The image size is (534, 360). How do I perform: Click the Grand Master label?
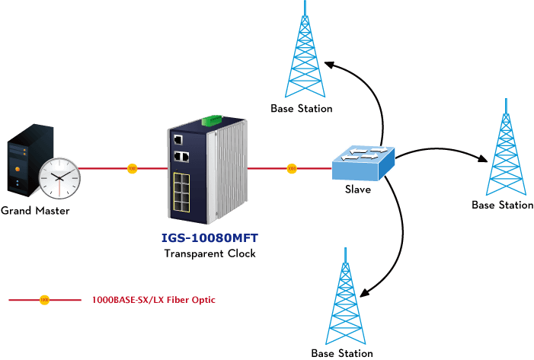[35, 211]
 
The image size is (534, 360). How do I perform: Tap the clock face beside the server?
[59, 178]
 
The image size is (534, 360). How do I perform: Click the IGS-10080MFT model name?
[209, 238]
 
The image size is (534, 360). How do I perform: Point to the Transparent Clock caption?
[209, 253]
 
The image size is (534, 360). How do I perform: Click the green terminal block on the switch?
[212, 120]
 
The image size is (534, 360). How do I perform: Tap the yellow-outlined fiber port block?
[181, 193]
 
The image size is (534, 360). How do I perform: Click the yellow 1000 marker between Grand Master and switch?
[132, 168]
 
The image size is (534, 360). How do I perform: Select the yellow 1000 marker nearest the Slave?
[292, 168]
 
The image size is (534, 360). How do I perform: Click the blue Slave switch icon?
[363, 164]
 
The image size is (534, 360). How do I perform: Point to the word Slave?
[358, 190]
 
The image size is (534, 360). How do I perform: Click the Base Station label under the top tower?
[302, 109]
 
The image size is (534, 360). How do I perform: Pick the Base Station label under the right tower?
[502, 205]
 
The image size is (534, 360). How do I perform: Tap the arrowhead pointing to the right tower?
[484, 158]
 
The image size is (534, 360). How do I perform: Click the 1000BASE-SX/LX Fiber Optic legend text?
[154, 300]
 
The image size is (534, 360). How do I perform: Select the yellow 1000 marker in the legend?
[44, 300]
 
